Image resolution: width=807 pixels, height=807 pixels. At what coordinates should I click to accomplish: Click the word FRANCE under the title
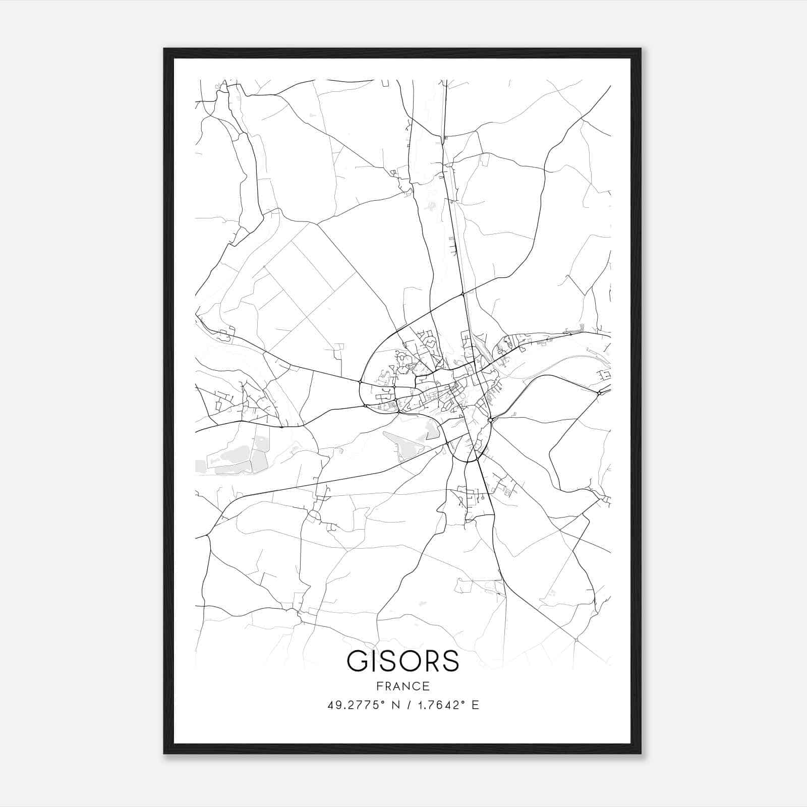point(403,686)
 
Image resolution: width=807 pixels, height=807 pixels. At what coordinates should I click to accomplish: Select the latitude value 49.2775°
point(353,705)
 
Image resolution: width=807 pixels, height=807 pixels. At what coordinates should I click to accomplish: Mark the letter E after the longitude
point(475,705)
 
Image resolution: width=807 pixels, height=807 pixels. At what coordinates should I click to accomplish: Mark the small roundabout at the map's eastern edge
point(599,392)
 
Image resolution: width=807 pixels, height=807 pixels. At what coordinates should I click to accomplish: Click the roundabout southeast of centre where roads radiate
point(490,420)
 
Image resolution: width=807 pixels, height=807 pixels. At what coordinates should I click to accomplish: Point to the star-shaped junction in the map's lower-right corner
point(576,640)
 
